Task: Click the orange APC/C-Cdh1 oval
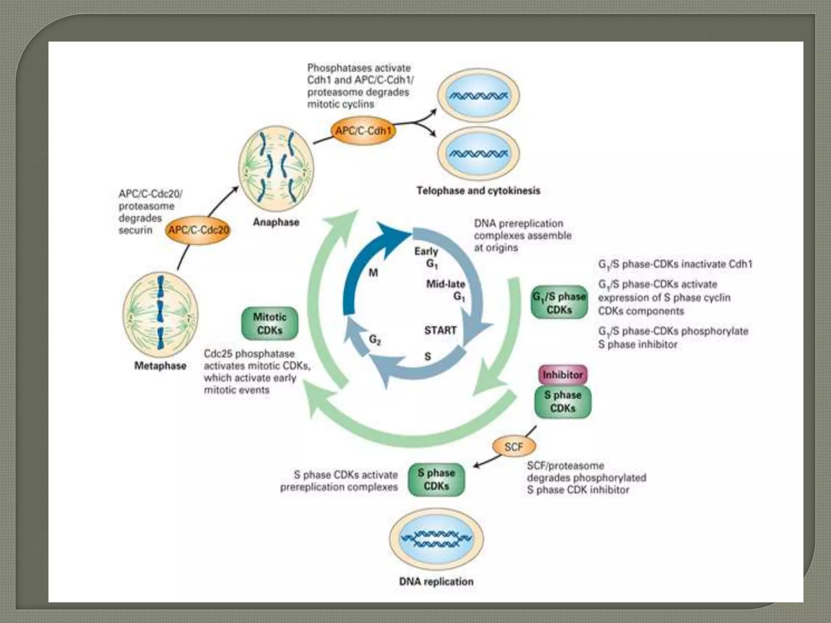(363, 131)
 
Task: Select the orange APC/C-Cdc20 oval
(198, 230)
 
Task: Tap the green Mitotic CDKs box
(270, 323)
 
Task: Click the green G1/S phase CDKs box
(559, 303)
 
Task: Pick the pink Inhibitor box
(562, 375)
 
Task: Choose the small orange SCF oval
(514, 447)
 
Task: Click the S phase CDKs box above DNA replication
(436, 479)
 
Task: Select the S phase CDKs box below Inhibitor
(562, 402)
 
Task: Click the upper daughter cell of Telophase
(478, 96)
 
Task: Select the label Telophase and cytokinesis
(478, 191)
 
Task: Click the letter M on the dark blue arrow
(373, 273)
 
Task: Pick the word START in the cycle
(440, 330)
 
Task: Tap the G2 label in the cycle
(375, 340)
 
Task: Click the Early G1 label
(427, 257)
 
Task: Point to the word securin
(135, 230)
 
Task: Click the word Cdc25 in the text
(219, 353)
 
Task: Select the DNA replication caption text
(436, 582)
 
